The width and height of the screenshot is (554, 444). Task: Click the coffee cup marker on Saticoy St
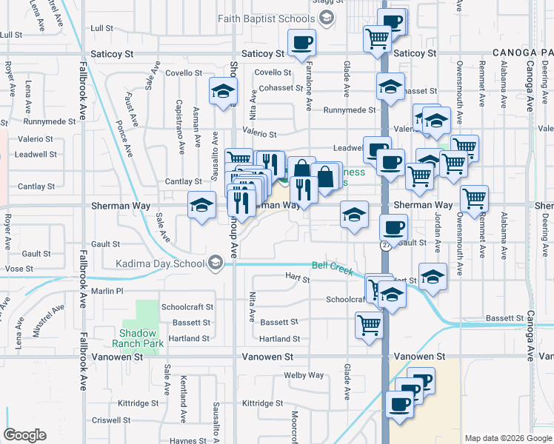(301, 43)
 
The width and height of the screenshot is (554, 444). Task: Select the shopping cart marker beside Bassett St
(368, 325)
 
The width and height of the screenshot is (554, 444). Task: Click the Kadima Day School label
(160, 263)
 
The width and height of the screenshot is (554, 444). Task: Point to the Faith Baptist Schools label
(270, 18)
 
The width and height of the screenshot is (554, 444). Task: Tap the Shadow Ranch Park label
(138, 338)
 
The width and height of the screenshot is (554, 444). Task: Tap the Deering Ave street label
(546, 237)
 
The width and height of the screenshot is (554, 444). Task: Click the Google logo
(24, 435)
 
